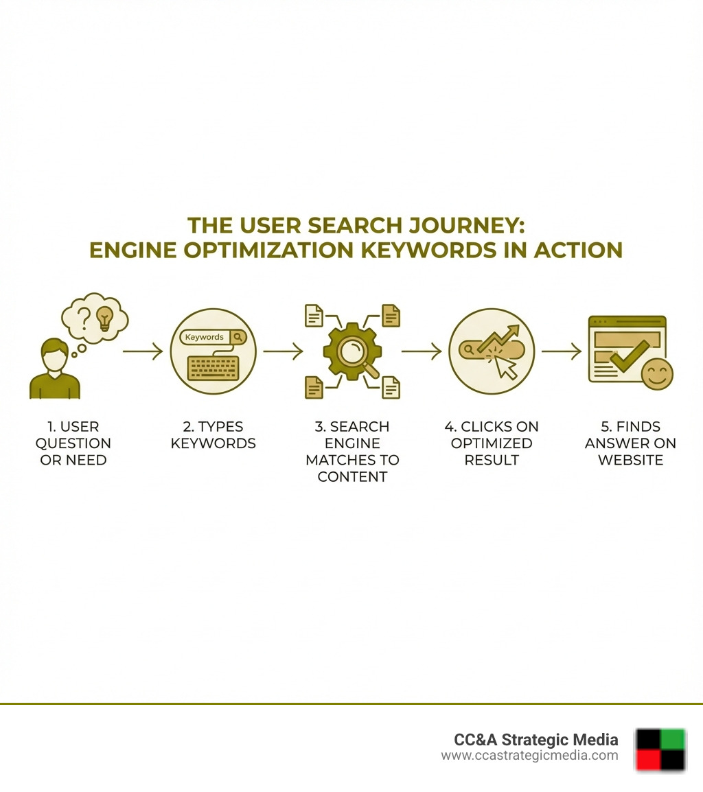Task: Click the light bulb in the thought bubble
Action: [104, 318]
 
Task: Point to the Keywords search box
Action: [212, 337]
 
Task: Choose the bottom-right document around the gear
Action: [391, 387]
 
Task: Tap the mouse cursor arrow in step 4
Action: [506, 367]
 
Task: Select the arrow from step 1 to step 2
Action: [143, 351]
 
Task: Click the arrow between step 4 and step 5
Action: [561, 351]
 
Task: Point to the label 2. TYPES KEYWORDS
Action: [213, 434]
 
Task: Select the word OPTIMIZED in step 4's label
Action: [492, 443]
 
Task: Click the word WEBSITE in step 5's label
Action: [630, 460]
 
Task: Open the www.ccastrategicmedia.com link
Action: [529, 756]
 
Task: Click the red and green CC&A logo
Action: [660, 749]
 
